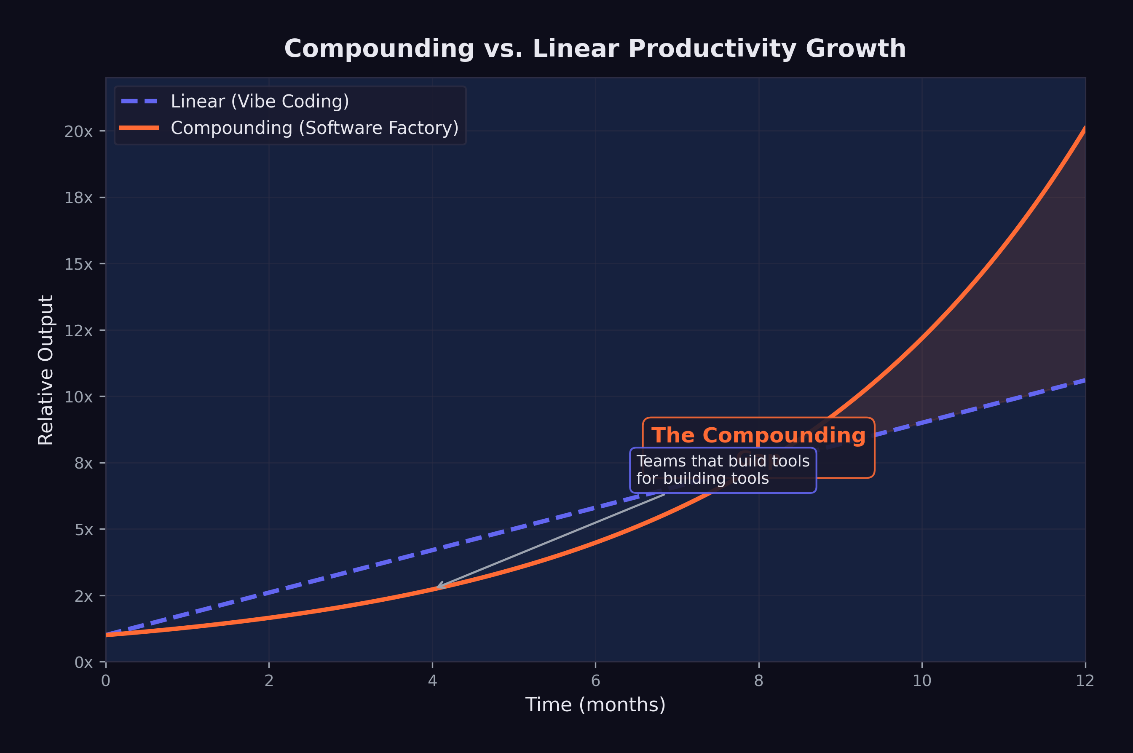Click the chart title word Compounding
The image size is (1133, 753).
pos(379,49)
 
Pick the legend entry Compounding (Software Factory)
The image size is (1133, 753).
pos(314,128)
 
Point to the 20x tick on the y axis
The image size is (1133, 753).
pos(79,131)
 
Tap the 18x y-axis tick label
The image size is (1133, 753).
pos(79,198)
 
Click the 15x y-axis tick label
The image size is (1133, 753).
pos(79,265)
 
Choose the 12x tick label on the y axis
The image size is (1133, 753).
pos(79,331)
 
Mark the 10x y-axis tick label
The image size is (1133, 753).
pos(79,397)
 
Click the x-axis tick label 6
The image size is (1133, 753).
pos(595,681)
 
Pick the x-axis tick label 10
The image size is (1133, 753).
pos(922,681)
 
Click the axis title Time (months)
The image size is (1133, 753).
pos(595,705)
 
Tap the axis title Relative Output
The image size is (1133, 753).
pos(46,370)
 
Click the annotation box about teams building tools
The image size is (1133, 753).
pos(723,470)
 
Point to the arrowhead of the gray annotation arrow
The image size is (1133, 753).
pos(438,587)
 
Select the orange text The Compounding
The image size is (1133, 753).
pos(758,436)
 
